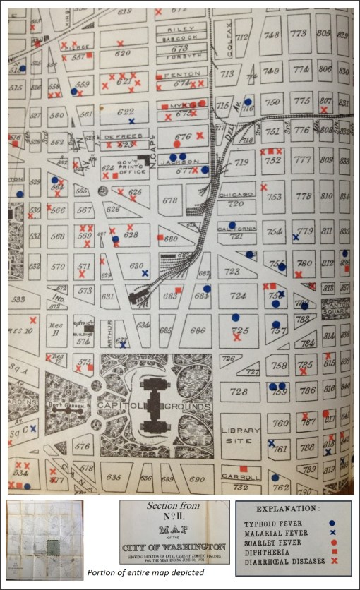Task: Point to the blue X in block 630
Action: pos(145,272)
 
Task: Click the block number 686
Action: pos(198,330)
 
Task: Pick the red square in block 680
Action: pos(160,236)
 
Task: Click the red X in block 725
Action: pos(236,337)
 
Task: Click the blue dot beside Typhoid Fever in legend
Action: pos(332,523)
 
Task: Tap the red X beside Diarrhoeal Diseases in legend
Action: pos(332,562)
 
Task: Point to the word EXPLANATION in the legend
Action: pos(292,509)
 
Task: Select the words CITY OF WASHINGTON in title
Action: pos(174,547)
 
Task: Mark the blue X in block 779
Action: pos(296,237)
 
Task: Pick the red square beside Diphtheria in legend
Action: pos(332,553)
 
